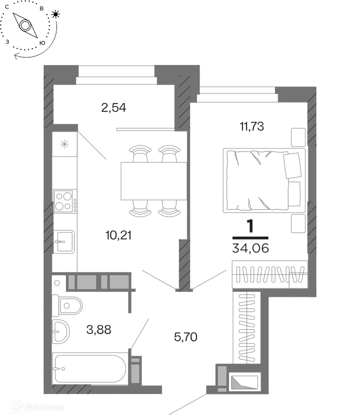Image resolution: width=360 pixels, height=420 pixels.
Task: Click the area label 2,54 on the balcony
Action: (x=113, y=107)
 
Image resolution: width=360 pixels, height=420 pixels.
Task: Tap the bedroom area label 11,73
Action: (x=252, y=126)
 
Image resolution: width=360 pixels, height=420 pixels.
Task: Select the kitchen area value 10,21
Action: (x=118, y=235)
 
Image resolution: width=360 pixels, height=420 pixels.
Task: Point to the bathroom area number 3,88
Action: (x=98, y=329)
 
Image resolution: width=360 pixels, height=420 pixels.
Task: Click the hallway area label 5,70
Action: (x=185, y=337)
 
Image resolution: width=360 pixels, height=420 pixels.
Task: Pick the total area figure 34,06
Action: (x=250, y=248)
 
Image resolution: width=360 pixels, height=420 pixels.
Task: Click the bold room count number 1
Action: (x=250, y=226)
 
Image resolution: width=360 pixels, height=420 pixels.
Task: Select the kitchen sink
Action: (x=64, y=241)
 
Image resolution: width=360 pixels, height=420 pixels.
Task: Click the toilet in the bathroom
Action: (x=67, y=305)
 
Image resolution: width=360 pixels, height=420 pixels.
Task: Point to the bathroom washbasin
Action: (x=60, y=331)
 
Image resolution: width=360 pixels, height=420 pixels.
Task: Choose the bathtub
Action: (x=89, y=368)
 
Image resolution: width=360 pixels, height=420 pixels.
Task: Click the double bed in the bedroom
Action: (x=264, y=180)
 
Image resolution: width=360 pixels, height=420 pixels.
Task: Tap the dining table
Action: (x=154, y=181)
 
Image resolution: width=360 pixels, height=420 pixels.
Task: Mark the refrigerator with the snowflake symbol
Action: (x=64, y=144)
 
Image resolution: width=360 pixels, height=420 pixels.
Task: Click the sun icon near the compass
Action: (x=55, y=14)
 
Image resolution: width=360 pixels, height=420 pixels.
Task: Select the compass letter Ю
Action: (x=42, y=43)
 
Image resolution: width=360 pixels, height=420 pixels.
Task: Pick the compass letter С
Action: (x=7, y=7)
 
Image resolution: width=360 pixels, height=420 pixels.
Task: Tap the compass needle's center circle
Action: (x=25, y=25)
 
